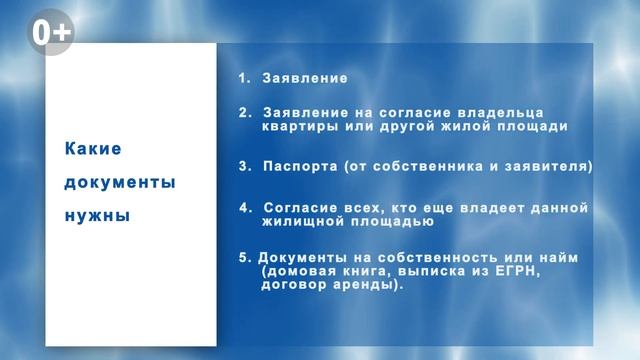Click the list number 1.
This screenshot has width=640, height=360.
tap(243, 77)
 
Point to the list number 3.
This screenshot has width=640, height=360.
tap(243, 166)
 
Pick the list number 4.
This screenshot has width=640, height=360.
tap(243, 207)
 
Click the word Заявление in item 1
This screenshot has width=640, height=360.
tap(305, 77)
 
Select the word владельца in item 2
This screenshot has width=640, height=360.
tap(524, 113)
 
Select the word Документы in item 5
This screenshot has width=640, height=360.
tap(300, 257)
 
